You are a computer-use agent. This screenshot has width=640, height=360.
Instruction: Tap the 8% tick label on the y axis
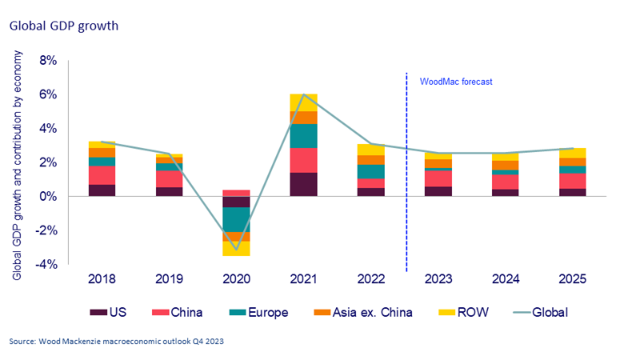(x=46, y=61)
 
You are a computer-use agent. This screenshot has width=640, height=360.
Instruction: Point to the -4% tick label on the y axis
(x=45, y=264)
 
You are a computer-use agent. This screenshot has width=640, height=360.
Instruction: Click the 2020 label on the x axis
(x=236, y=280)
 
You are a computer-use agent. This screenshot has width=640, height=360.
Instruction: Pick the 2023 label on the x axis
(x=439, y=280)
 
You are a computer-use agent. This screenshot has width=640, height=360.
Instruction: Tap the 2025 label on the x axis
(x=574, y=280)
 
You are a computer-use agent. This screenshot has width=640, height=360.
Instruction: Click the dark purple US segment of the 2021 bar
(x=304, y=184)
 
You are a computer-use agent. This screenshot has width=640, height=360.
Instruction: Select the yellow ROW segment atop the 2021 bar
(x=304, y=102)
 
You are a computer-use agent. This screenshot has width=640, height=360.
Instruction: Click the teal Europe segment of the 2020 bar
(x=236, y=219)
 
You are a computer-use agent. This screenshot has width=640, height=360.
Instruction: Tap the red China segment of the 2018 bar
(x=102, y=175)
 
